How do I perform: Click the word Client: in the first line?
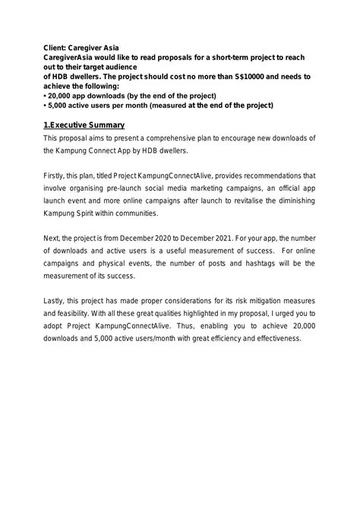pyautogui.click(x=57, y=47)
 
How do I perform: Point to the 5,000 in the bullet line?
pyautogui.click(x=60, y=106)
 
